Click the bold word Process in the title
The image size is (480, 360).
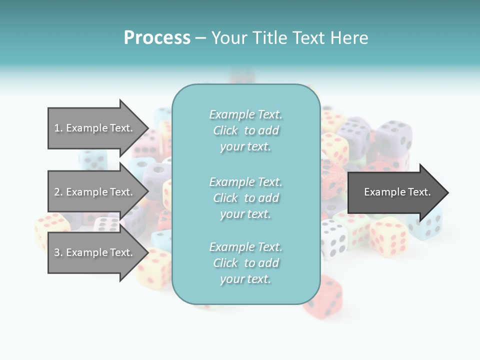(157, 37)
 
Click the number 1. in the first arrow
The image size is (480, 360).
(58, 128)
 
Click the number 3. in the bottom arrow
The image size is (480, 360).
(58, 252)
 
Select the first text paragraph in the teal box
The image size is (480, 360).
(245, 130)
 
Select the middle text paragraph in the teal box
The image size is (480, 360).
(245, 198)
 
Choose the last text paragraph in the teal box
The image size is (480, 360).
(245, 263)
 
